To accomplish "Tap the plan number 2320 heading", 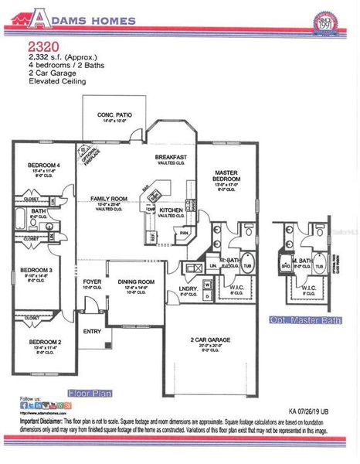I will click(40, 46).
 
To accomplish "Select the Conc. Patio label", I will click(114, 115).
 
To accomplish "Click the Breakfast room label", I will click(171, 158).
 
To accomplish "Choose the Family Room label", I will click(108, 199).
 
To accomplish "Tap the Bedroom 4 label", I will click(44, 165).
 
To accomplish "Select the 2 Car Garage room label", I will click(210, 339).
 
